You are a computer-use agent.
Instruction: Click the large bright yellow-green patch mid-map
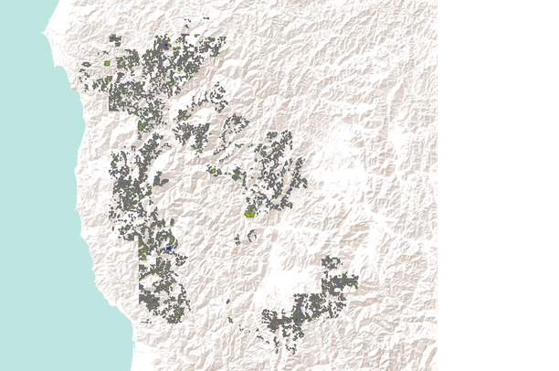pos(249,211)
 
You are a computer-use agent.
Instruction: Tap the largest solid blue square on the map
pos(170,248)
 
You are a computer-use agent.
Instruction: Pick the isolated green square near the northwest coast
pos(107,64)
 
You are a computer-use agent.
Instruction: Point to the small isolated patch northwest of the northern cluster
pos(85,64)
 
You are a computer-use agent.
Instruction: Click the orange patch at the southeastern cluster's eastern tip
pos(355,281)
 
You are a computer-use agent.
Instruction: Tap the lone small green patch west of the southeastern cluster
pos(229,319)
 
